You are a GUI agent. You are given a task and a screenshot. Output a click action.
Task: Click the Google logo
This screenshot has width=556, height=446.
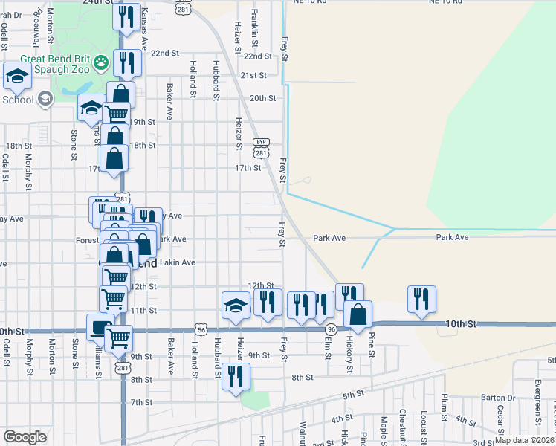coord(25,437)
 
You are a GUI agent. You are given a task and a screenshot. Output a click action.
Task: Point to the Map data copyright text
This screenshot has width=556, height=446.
coord(524,440)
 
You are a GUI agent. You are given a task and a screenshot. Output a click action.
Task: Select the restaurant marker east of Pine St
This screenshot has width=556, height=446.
coord(421,299)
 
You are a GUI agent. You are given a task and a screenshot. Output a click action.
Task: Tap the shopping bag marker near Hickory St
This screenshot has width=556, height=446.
coord(358,314)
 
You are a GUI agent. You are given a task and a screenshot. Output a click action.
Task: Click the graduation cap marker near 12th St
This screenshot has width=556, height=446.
coord(236,305)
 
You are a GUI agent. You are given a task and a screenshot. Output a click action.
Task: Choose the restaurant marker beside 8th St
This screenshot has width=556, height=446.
coord(236,375)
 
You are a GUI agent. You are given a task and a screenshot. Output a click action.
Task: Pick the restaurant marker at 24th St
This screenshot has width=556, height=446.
coord(127,16)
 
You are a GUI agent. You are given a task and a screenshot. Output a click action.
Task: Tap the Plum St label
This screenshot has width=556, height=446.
coord(444,406)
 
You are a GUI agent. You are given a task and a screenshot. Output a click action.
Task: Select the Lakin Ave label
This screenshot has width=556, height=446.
coord(178,262)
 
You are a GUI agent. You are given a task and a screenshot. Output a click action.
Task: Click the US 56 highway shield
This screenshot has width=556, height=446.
coord(201,328)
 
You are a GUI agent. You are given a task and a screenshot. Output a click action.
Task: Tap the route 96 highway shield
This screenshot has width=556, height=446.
coord(332,328)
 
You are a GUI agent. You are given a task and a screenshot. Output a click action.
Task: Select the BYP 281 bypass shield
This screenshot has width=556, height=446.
coord(259,147)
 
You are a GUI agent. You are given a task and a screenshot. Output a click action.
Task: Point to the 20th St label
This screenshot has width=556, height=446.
coord(262,98)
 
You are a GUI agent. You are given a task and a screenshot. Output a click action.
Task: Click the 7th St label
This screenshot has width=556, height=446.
coord(141,402)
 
